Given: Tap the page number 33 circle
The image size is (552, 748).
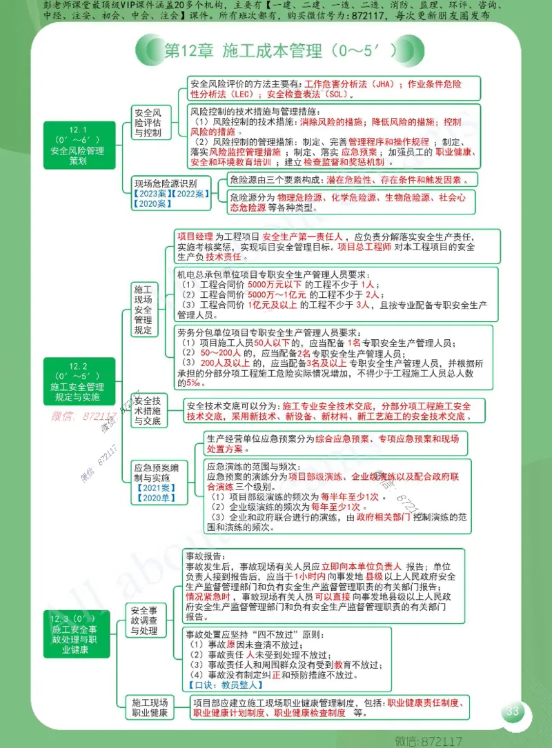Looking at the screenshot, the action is [x=512, y=711].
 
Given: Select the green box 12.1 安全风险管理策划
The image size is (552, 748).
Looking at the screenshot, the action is [x=78, y=146].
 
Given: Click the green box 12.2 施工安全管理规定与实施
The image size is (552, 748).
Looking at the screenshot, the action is [x=78, y=382].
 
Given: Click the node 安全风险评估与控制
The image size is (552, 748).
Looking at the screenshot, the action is [x=150, y=123].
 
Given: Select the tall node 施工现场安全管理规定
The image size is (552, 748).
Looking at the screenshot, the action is [x=143, y=309].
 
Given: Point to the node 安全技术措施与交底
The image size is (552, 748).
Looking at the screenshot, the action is [x=148, y=411].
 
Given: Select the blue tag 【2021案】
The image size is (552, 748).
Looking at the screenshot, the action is [x=156, y=487].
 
